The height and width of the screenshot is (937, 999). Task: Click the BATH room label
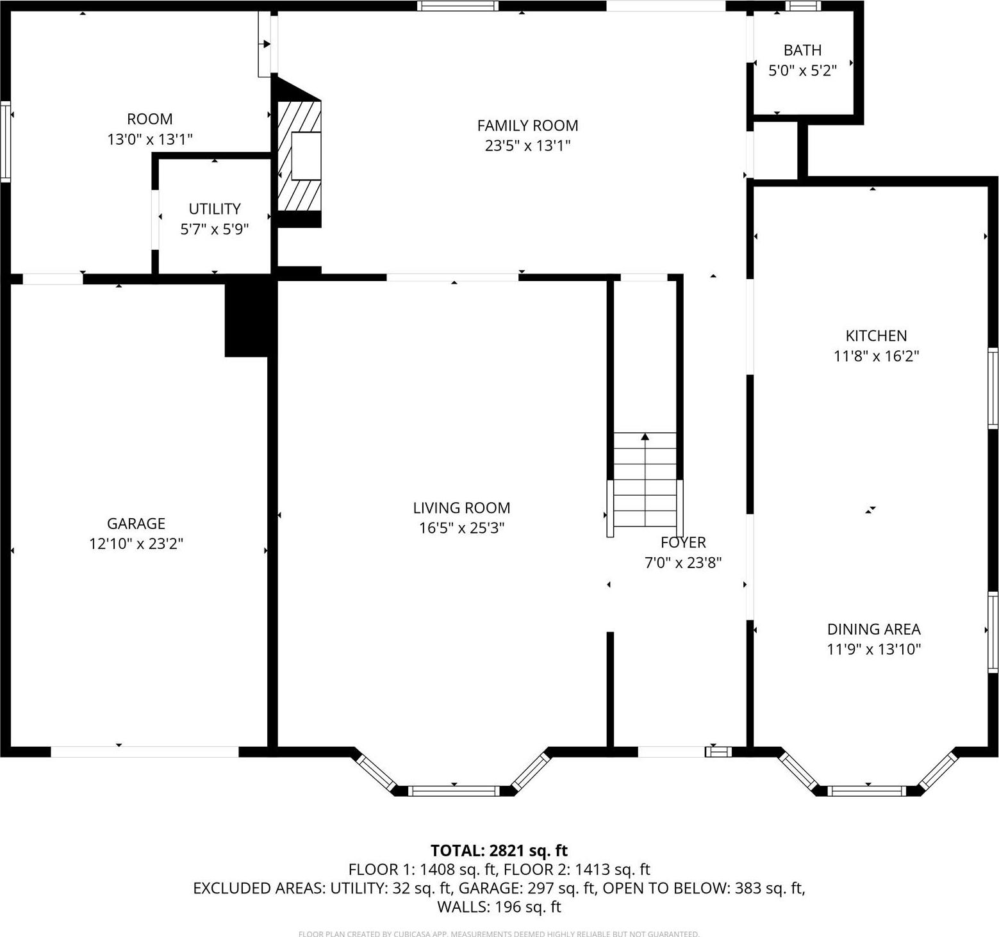tap(802, 50)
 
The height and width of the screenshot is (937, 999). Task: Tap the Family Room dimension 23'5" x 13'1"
tap(527, 145)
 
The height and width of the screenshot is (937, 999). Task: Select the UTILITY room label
tap(215, 209)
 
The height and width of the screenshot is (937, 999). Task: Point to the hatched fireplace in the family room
tap(299, 156)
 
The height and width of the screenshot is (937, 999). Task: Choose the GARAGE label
tap(136, 523)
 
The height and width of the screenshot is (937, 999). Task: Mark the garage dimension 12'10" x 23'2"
tap(136, 544)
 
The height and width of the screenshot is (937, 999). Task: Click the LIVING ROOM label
tap(461, 508)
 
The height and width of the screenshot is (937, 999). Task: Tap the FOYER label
tap(683, 542)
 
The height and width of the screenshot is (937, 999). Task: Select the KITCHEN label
tap(876, 336)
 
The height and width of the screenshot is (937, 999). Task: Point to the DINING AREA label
tap(873, 629)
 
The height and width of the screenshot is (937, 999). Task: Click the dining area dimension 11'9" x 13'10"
tap(873, 649)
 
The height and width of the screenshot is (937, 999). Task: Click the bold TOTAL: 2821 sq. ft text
tap(499, 851)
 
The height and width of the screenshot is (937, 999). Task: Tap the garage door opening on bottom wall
tap(145, 752)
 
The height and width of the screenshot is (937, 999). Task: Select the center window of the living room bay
tap(454, 791)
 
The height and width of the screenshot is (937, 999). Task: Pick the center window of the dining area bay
tap(868, 791)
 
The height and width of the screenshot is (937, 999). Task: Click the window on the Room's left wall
tap(5, 142)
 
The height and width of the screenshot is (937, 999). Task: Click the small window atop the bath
tap(804, 6)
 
